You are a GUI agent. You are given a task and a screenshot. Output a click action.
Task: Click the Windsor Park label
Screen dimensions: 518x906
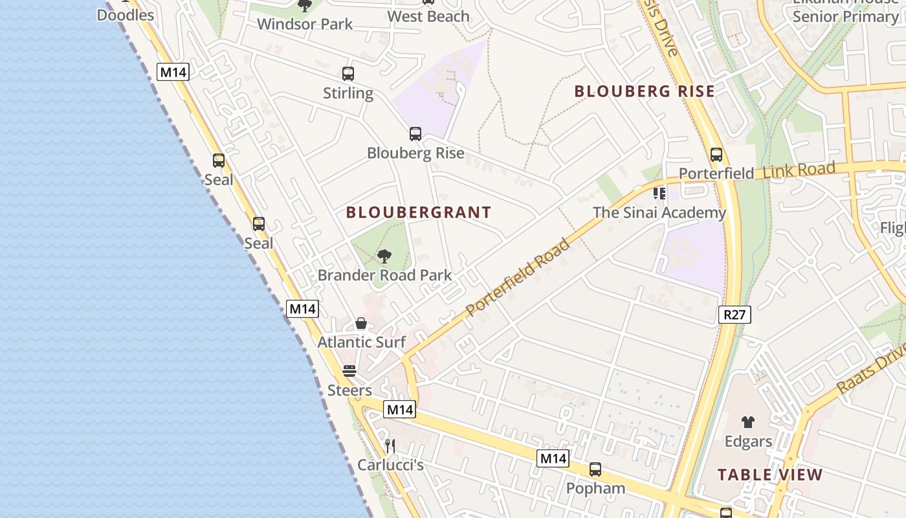click(305, 25)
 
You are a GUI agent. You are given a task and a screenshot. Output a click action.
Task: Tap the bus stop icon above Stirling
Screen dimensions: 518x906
click(348, 74)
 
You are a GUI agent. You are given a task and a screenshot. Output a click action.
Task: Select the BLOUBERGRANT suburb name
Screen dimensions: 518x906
click(419, 212)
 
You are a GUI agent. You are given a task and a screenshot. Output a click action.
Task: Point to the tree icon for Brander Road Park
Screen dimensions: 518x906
click(384, 256)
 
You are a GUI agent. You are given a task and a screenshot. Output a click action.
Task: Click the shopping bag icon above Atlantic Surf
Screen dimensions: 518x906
click(361, 323)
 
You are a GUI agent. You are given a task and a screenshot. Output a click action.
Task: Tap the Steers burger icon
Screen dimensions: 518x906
click(349, 371)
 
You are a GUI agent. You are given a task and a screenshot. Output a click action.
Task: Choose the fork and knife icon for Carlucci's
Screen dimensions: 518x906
click(390, 446)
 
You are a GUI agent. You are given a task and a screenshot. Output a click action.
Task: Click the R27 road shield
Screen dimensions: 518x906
click(735, 315)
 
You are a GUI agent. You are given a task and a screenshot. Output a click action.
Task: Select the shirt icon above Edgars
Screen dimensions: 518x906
click(748, 422)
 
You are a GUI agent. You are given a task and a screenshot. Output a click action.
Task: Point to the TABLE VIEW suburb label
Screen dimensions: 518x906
click(770, 475)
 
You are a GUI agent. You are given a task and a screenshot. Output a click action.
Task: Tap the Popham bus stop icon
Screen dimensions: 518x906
click(595, 469)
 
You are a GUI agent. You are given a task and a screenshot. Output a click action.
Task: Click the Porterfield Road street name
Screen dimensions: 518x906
click(518, 277)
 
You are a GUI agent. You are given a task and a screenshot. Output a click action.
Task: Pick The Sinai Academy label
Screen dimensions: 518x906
click(659, 212)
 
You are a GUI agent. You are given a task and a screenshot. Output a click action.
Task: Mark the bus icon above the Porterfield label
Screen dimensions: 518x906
click(716, 155)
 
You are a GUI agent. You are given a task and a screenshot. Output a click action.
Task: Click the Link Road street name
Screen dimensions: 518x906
click(799, 171)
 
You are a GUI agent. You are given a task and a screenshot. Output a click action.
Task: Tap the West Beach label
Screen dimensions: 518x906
click(428, 16)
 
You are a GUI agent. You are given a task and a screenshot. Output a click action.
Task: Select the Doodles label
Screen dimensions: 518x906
click(126, 15)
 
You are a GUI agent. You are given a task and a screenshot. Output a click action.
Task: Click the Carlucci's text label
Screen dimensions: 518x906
click(390, 465)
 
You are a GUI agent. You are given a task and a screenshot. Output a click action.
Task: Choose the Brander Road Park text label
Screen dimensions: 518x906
click(384, 275)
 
